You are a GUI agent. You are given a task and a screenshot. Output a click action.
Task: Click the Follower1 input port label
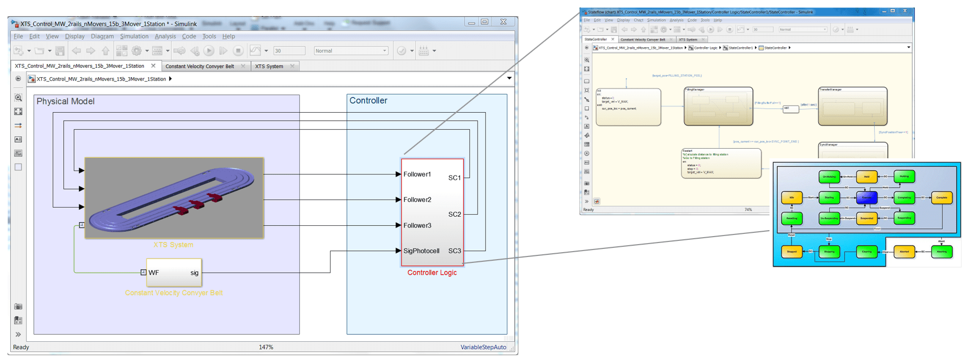click(x=417, y=174)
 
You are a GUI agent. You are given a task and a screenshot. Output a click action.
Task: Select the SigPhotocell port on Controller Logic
click(x=421, y=251)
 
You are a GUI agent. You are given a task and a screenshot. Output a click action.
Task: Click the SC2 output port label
click(x=454, y=214)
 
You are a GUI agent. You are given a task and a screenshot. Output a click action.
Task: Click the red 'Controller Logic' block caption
click(x=432, y=273)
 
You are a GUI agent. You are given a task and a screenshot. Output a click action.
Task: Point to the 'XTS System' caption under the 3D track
click(x=173, y=245)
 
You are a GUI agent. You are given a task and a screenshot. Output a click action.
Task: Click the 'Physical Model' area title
click(x=65, y=101)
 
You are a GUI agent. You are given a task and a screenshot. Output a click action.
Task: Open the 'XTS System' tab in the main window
click(x=269, y=66)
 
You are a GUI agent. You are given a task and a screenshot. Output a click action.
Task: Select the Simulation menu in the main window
click(x=134, y=36)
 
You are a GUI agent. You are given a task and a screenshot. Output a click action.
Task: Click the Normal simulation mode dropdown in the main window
click(x=351, y=51)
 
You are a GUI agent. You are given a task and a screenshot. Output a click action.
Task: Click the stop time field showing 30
click(x=289, y=51)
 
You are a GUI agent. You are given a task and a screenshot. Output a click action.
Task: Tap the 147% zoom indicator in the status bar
click(x=266, y=347)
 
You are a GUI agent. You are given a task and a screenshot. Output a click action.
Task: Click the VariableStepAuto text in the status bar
click(x=483, y=347)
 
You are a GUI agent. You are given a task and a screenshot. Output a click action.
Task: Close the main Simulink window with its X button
click(x=503, y=22)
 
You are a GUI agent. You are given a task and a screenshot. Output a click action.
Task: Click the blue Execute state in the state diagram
click(x=867, y=197)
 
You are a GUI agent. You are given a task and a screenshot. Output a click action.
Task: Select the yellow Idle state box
click(x=791, y=197)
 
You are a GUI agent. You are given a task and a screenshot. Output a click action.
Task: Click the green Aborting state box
click(x=942, y=251)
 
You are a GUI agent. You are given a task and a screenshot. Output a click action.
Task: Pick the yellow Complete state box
click(x=942, y=197)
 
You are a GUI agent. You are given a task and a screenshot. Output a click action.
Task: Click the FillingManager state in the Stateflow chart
click(x=718, y=106)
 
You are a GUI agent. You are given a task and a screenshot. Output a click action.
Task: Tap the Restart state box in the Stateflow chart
click(x=721, y=163)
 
